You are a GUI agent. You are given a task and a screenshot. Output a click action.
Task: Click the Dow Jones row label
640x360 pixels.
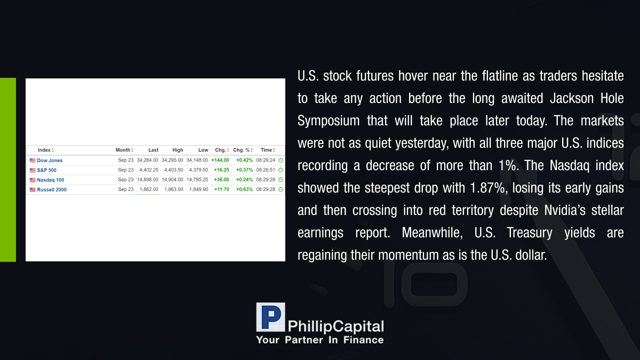[x=50, y=161]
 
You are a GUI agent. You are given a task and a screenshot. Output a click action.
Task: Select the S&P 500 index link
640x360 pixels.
[x=46, y=170]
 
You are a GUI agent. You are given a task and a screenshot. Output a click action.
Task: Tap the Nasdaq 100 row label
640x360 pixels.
[x=51, y=180]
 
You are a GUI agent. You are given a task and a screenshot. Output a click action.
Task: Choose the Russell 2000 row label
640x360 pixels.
[x=52, y=189]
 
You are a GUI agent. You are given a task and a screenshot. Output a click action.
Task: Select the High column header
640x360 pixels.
[x=178, y=150]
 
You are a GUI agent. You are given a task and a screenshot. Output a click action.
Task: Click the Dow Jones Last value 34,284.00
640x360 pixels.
[x=147, y=161]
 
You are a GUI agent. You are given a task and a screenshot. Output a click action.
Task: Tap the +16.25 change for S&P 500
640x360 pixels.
[x=221, y=170]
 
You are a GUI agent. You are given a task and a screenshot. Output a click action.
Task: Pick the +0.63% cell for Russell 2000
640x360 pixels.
[x=244, y=189]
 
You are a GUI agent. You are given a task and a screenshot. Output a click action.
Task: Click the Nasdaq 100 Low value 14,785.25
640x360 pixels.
[x=197, y=180]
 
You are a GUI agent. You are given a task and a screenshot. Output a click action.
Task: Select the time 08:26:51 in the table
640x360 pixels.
[x=266, y=170]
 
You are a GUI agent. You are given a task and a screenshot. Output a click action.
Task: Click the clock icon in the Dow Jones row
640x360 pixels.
[x=281, y=161]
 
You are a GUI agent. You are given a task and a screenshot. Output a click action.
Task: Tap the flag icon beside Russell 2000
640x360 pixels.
[x=33, y=189]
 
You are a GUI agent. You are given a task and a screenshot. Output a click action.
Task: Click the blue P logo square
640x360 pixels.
[x=270, y=317]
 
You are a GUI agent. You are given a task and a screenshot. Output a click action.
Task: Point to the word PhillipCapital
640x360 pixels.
[x=335, y=326]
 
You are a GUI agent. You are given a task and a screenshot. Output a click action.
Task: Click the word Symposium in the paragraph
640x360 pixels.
[x=329, y=121]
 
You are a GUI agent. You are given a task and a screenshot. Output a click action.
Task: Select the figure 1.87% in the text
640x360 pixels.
[x=487, y=188]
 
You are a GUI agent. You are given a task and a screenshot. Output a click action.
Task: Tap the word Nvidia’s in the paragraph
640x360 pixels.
[x=565, y=210]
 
